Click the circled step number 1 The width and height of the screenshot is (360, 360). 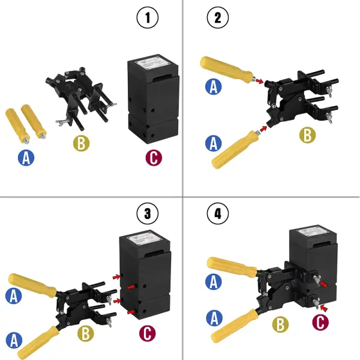[148, 18]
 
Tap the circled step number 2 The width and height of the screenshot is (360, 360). [217, 18]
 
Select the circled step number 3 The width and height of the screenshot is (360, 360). [148, 213]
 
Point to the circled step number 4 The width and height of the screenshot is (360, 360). [217, 213]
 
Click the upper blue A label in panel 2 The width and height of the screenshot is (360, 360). [213, 86]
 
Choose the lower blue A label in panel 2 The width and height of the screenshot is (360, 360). [213, 143]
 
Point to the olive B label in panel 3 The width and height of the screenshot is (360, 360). [86, 332]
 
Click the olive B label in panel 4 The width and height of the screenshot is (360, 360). [278, 325]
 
